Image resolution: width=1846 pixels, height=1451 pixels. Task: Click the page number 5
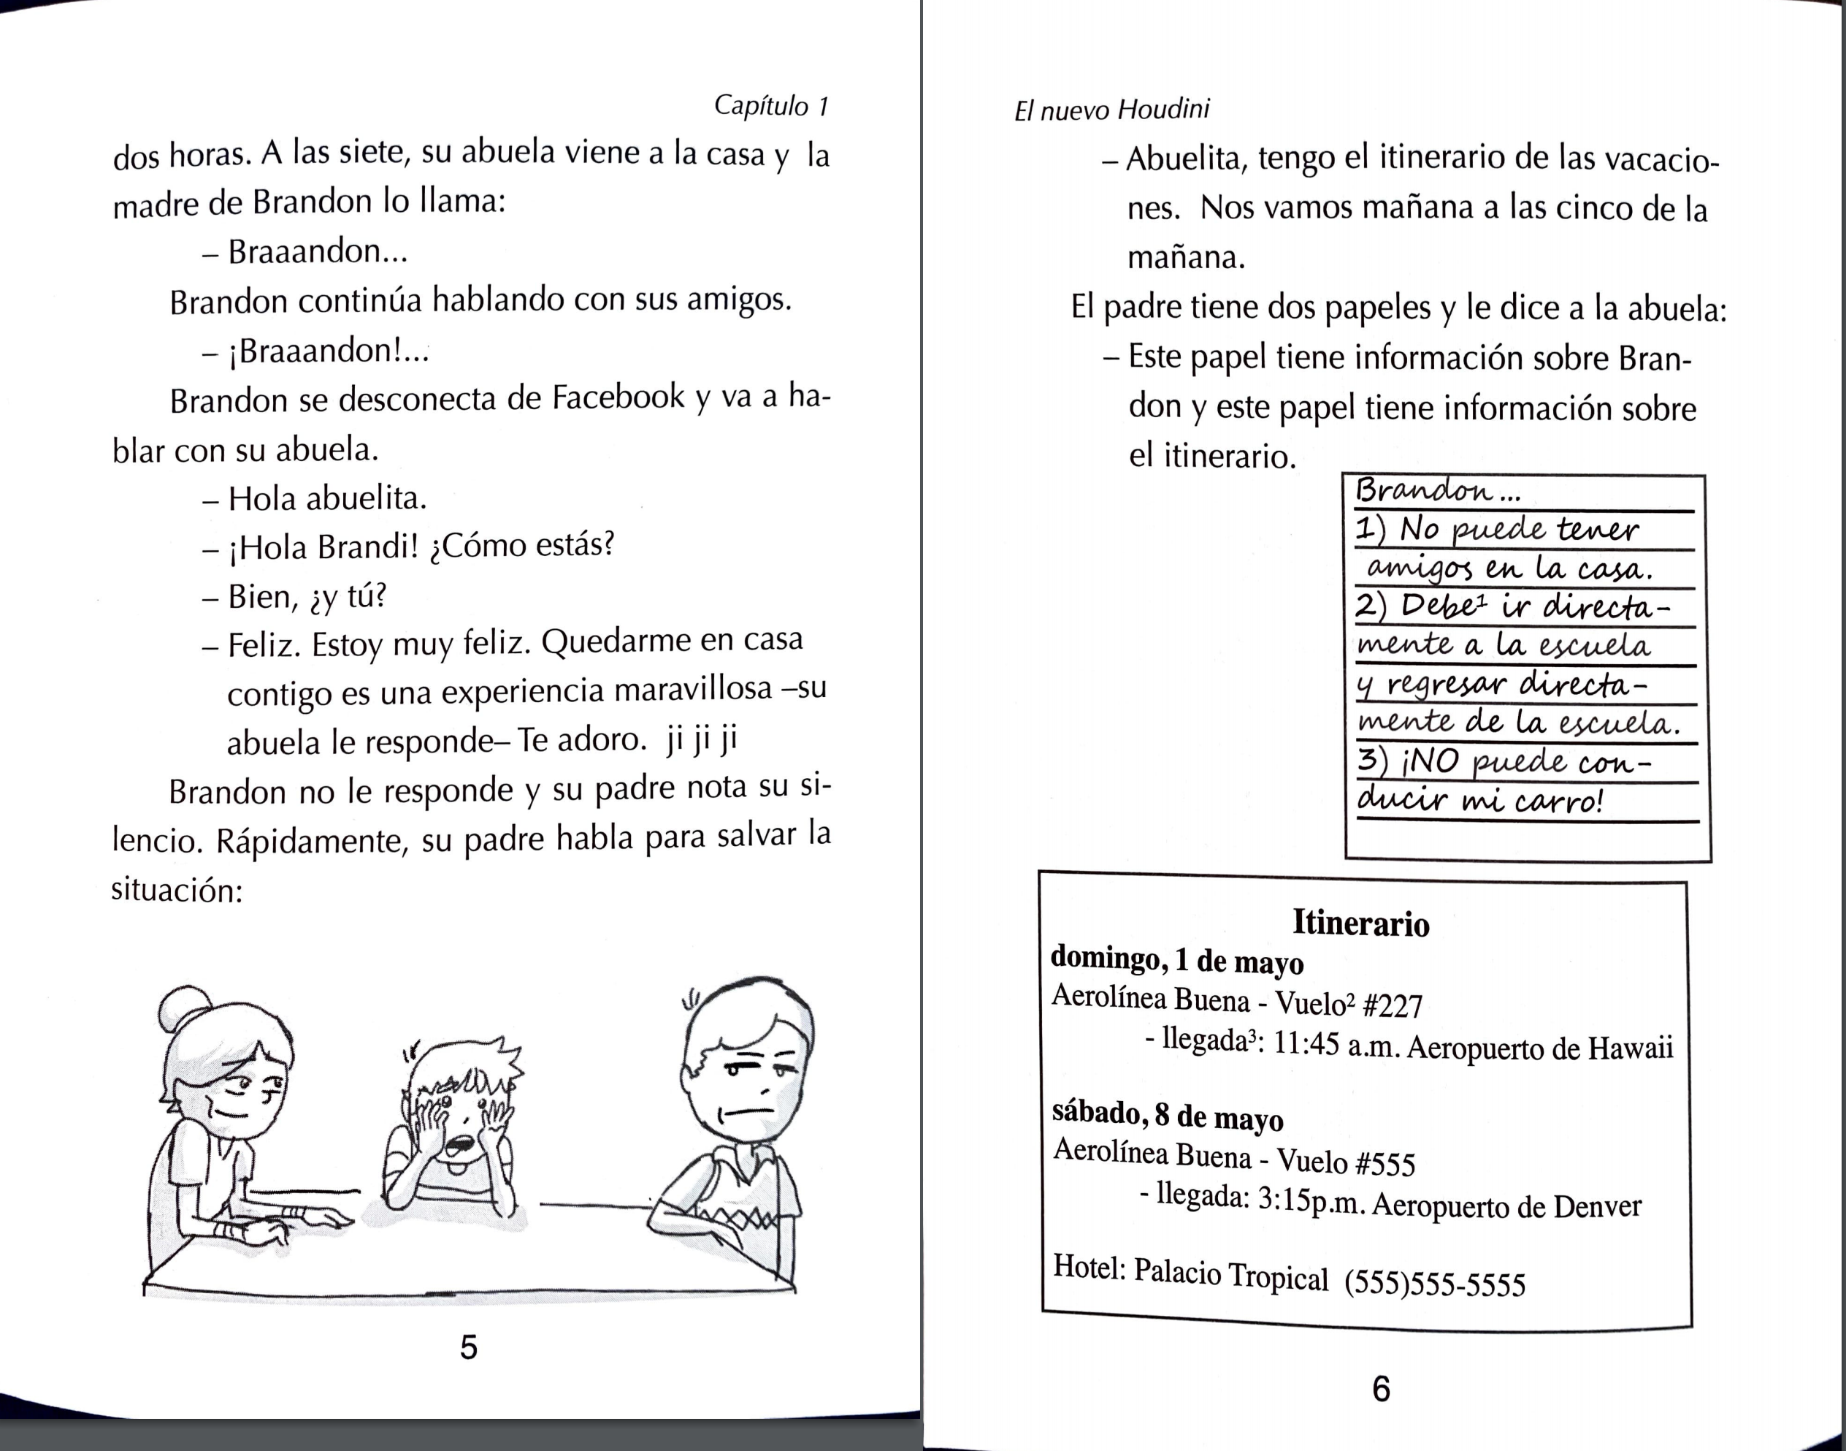469,1347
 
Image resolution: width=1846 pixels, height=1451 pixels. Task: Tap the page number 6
1382,1389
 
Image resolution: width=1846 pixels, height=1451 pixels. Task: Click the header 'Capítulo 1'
770,105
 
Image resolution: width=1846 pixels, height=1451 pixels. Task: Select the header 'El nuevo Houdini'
1111,110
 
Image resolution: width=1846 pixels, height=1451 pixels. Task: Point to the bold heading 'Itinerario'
1361,923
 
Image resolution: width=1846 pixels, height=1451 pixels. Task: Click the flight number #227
1392,1006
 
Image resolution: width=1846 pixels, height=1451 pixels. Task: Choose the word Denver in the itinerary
1597,1207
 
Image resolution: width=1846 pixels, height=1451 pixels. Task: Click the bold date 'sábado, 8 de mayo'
1168,1116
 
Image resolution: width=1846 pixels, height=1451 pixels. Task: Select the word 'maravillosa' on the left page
692,689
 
